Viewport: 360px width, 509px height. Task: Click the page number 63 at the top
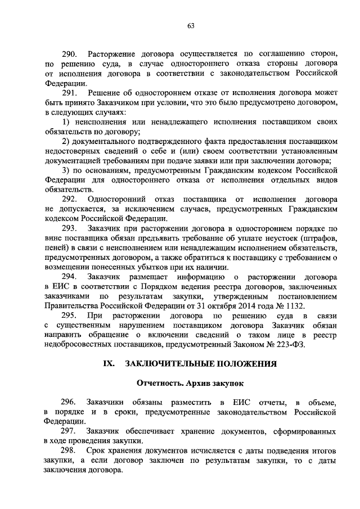point(191,25)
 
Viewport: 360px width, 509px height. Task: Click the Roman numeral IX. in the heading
point(107,364)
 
